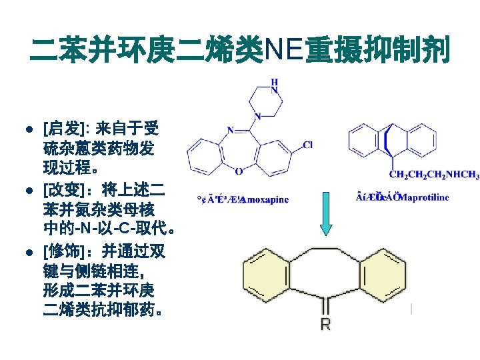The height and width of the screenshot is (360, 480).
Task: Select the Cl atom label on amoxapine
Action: coord(307,144)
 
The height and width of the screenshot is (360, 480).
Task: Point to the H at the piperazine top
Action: coord(275,83)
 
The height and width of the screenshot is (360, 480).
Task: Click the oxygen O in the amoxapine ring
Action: coord(239,171)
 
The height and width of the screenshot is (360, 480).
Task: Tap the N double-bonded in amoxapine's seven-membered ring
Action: coord(231,130)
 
